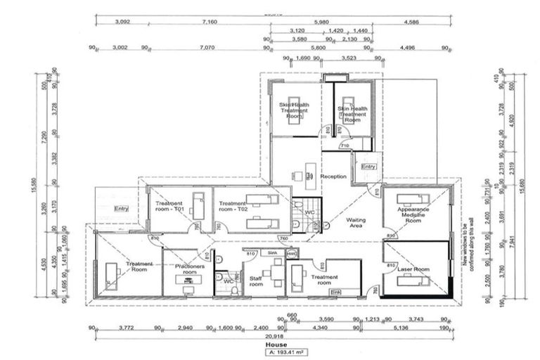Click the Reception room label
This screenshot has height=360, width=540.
tap(334, 176)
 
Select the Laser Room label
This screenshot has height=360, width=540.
tap(412, 269)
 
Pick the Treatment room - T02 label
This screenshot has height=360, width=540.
tap(233, 207)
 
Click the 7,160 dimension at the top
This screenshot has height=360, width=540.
tap(209, 22)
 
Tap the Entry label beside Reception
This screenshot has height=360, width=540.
tap(368, 167)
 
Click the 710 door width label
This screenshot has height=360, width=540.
tap(345, 145)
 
